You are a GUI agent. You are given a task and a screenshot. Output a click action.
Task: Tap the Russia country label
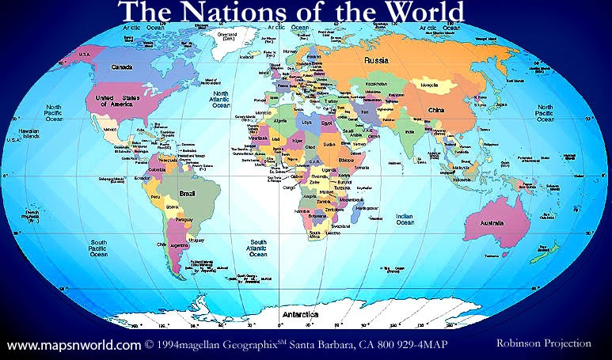pyautogui.click(x=375, y=60)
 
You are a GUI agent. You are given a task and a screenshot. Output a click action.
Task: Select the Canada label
pyautogui.click(x=122, y=67)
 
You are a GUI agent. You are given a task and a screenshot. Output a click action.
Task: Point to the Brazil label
pyautogui.click(x=188, y=192)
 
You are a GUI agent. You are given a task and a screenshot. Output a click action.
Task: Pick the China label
pyautogui.click(x=435, y=111)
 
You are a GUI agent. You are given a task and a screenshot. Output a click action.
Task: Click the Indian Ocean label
pyautogui.click(x=405, y=218)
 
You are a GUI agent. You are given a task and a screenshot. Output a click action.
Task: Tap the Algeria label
pyautogui.click(x=278, y=121)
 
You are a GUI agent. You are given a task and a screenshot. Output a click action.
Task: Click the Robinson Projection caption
pyautogui.click(x=543, y=343)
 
